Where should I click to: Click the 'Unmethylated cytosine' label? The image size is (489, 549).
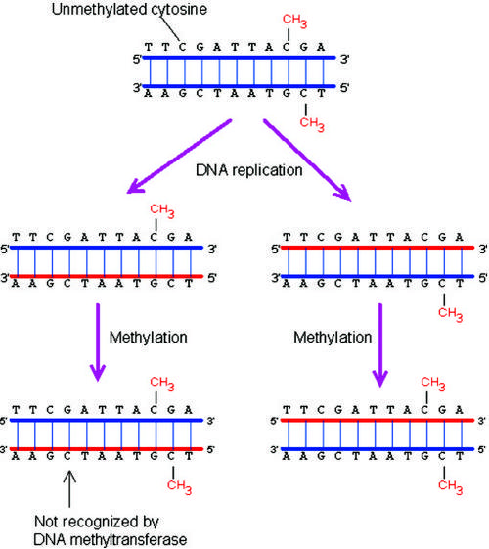point(129,10)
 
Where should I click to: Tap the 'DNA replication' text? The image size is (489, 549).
point(249,170)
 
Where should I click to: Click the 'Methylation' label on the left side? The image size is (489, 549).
point(149,338)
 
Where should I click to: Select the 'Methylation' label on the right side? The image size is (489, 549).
point(333,338)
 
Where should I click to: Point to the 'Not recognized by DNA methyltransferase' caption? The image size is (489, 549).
point(111,530)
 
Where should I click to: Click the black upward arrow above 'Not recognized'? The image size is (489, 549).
point(69,488)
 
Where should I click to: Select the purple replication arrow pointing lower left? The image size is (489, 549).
point(179,157)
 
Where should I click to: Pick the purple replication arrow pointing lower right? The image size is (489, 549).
point(307,160)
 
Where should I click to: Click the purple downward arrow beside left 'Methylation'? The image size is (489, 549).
point(98,343)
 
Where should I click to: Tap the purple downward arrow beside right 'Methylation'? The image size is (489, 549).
point(380,344)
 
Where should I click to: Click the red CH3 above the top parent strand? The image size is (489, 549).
point(294,21)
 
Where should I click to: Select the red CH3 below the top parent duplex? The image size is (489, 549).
point(312,124)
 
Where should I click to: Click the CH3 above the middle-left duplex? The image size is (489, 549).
point(162,210)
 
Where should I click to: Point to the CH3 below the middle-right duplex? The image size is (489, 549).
point(450,314)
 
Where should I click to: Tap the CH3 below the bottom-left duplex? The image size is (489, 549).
point(179,486)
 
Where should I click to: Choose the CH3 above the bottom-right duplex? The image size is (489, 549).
point(433,384)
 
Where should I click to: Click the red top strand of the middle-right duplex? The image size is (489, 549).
point(378,248)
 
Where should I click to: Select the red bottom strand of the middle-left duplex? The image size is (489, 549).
point(107,276)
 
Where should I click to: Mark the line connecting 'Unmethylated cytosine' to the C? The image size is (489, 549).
point(171,28)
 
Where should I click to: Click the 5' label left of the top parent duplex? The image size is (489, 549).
point(137,59)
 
